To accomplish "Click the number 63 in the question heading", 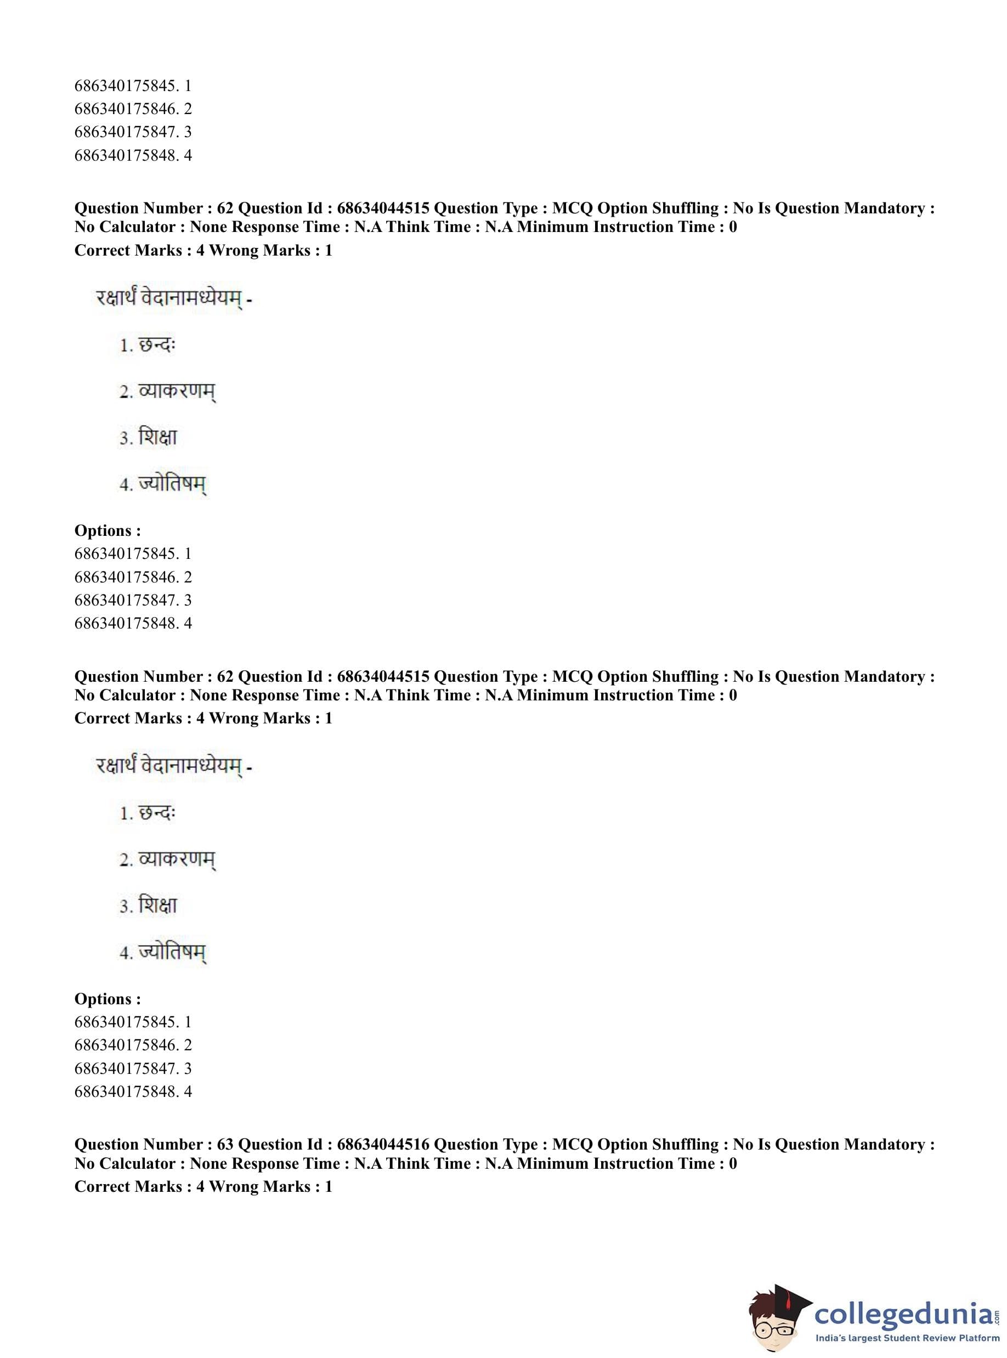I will [x=225, y=1145].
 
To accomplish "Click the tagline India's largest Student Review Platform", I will [x=908, y=1338].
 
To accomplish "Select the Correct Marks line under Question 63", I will [x=203, y=1187].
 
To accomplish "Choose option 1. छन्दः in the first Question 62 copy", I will [x=148, y=346].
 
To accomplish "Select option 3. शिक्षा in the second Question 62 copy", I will [x=148, y=906].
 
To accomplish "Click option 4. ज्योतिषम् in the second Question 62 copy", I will [x=163, y=952].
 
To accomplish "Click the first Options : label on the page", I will [x=108, y=531].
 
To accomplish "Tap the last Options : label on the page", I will [x=108, y=999].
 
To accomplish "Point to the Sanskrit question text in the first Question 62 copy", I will [x=174, y=299].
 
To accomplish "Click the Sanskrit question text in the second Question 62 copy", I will [x=174, y=766].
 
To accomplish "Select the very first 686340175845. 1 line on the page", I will [x=133, y=86].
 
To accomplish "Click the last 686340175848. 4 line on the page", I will [x=133, y=1091].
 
